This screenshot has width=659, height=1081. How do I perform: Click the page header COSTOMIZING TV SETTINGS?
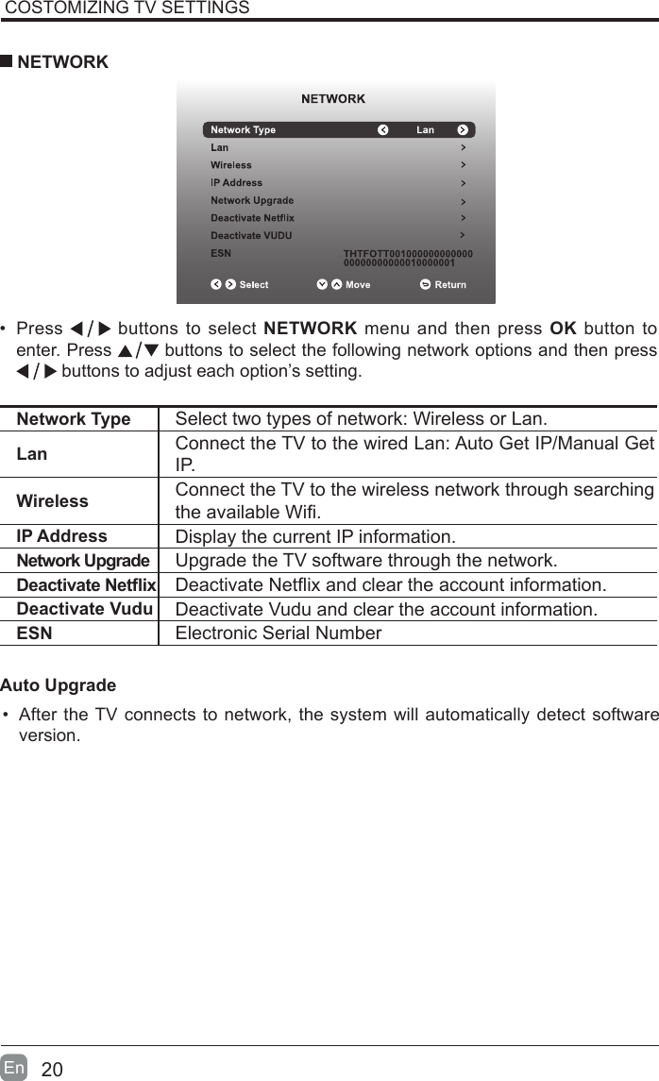pyautogui.click(x=127, y=8)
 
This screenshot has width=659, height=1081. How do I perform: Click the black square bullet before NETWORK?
pyautogui.click(x=7, y=62)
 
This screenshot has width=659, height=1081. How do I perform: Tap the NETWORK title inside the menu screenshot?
pyautogui.click(x=333, y=98)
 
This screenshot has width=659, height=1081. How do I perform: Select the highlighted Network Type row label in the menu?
pyautogui.click(x=243, y=130)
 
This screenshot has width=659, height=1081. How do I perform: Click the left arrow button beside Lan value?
pyautogui.click(x=382, y=130)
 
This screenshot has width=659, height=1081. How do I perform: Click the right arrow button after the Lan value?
pyautogui.click(x=463, y=130)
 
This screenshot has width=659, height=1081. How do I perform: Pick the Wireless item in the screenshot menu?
pyautogui.click(x=230, y=165)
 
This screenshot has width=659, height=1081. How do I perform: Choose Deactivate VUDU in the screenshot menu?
pyautogui.click(x=251, y=235)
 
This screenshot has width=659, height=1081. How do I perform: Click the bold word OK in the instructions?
pyautogui.click(x=563, y=329)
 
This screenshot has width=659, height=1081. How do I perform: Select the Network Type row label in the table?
pyautogui.click(x=74, y=419)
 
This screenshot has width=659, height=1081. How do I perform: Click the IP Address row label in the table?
pyautogui.click(x=62, y=536)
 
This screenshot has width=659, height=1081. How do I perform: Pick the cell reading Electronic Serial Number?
pyautogui.click(x=279, y=633)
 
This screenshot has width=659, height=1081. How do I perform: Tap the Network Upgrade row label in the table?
pyautogui.click(x=83, y=562)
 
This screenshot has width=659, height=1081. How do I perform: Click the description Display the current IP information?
pyautogui.click(x=315, y=538)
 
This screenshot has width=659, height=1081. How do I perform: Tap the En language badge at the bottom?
pyautogui.click(x=14, y=1068)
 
